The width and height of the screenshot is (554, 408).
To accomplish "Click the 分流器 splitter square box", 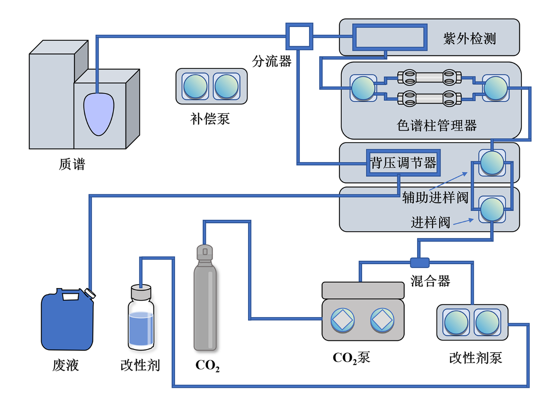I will coord(298,36).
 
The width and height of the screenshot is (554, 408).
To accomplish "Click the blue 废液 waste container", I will coord(67,321).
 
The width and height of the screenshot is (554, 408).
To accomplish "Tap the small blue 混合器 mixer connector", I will coord(419,262).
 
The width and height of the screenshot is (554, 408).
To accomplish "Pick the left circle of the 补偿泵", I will coord(195,86).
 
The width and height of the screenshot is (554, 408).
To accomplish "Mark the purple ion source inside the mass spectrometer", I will coord(99,113).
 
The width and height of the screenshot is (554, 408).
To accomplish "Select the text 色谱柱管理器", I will coord(436,126).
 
